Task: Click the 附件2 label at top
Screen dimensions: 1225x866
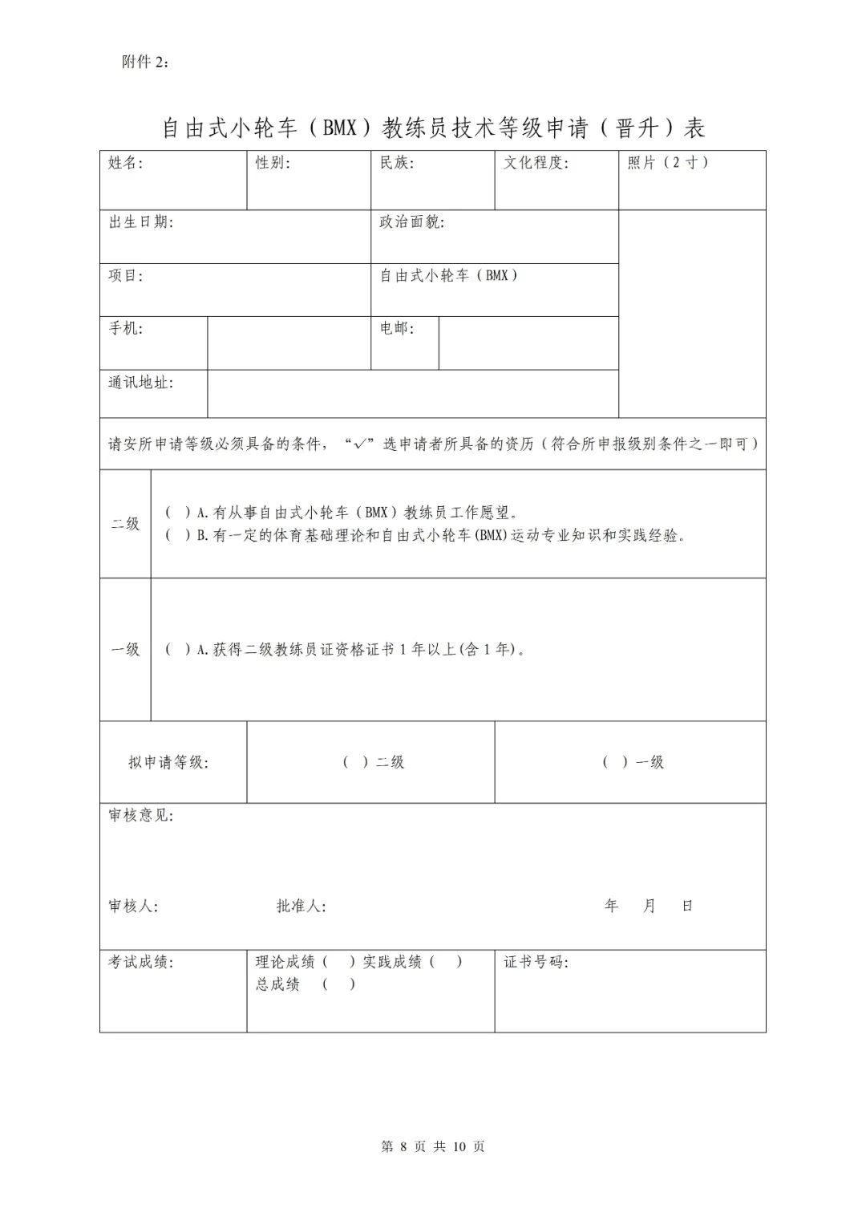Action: pyautogui.click(x=145, y=63)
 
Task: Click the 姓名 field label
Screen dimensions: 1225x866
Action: pyautogui.click(x=126, y=163)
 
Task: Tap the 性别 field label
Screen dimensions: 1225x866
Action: pyautogui.click(x=273, y=163)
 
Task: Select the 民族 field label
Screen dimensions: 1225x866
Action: pyautogui.click(x=397, y=163)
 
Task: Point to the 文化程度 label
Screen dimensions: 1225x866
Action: pyautogui.click(x=536, y=163)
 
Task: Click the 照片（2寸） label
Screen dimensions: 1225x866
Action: pyautogui.click(x=668, y=163)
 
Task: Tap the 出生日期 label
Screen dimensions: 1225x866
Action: pyautogui.click(x=141, y=222)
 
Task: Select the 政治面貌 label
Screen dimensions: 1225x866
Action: pyautogui.click(x=411, y=222)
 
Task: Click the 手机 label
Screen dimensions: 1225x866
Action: pyautogui.click(x=126, y=328)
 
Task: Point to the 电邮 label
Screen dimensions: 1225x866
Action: pyautogui.click(x=397, y=328)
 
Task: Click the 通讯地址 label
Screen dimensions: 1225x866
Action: pyautogui.click(x=141, y=383)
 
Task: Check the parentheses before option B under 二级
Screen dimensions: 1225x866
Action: pyautogui.click(x=178, y=536)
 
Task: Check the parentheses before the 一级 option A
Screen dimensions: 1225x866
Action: pyautogui.click(x=178, y=650)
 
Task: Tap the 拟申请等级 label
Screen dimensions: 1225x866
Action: pyautogui.click(x=168, y=762)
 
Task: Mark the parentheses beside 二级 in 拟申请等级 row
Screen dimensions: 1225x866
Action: pyautogui.click(x=356, y=762)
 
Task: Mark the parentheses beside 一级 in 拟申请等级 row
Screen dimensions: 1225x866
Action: pyautogui.click(x=616, y=762)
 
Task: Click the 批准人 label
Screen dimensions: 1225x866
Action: pyautogui.click(x=301, y=907)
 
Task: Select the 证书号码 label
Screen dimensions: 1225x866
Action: pyautogui.click(x=536, y=962)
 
